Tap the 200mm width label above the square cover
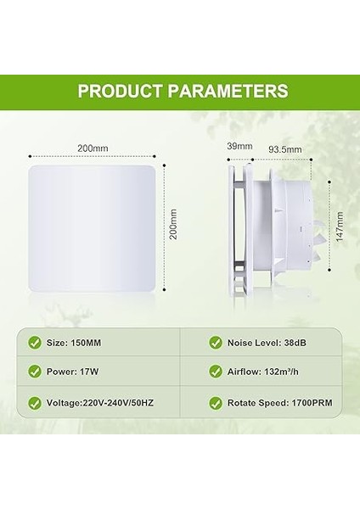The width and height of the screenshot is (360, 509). (93, 148)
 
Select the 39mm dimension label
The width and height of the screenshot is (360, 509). (240, 146)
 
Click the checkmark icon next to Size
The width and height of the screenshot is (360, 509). (35, 343)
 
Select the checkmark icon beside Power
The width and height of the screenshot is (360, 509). (35, 371)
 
